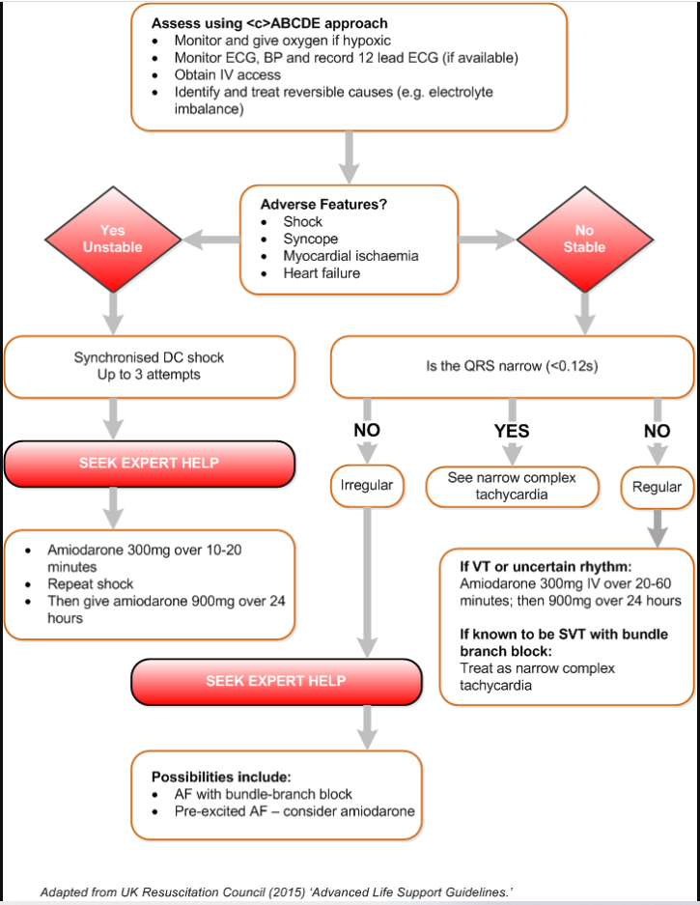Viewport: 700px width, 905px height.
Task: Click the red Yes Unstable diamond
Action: tap(113, 239)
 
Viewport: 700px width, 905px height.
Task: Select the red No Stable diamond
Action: tap(584, 239)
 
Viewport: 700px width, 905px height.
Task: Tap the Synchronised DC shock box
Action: tap(149, 365)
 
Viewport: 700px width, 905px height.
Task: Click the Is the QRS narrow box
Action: tap(512, 367)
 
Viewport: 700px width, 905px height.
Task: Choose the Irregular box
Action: tap(367, 485)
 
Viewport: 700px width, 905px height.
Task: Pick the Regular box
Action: tap(657, 488)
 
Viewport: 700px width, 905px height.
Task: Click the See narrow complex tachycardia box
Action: tap(511, 486)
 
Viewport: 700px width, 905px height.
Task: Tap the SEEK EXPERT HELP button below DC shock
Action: tap(149, 464)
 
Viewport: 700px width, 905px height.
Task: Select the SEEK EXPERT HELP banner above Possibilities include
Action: tap(275, 681)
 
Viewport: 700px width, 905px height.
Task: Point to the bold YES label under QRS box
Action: tap(511, 431)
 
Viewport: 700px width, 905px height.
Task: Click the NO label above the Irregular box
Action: tap(367, 430)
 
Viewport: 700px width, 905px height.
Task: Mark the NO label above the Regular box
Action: tap(657, 431)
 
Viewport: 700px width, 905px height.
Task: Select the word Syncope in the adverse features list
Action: tap(310, 239)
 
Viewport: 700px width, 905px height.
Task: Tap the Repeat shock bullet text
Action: tap(91, 584)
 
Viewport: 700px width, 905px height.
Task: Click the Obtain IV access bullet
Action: tap(227, 75)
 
